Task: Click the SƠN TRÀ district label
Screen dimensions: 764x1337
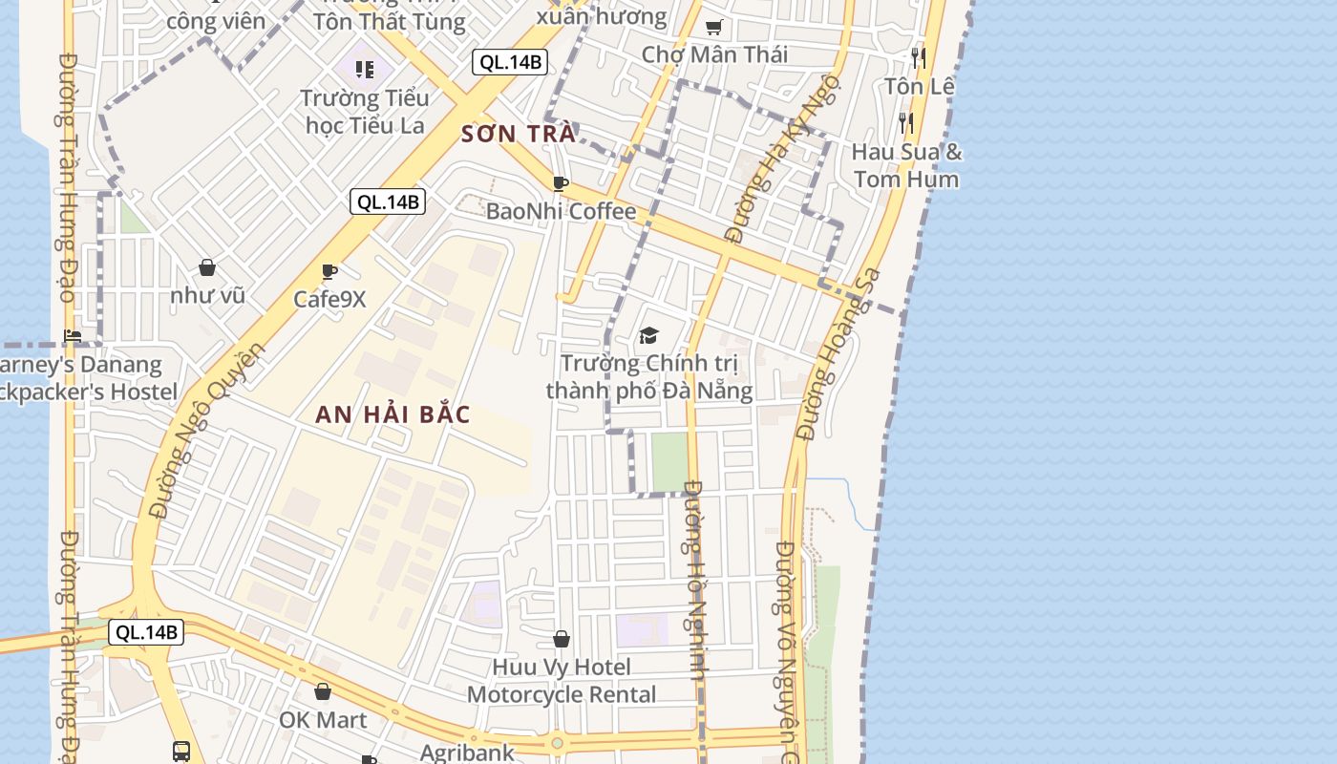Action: click(519, 134)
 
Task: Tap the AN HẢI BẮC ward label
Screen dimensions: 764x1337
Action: click(393, 414)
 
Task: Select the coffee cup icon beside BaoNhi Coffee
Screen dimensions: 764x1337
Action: click(561, 183)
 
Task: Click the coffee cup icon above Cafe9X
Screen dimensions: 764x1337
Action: click(329, 272)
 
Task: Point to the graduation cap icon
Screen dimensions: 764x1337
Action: click(649, 335)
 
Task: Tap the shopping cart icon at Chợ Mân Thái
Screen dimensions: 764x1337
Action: click(713, 28)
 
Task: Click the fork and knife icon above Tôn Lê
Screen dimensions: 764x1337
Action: click(918, 57)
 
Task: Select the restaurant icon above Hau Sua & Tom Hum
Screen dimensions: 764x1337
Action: click(905, 122)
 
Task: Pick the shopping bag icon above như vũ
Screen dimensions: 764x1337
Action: click(207, 268)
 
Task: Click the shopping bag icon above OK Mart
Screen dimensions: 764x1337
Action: click(323, 691)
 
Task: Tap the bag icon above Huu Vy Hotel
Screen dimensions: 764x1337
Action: click(562, 639)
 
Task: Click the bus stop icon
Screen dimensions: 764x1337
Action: click(181, 751)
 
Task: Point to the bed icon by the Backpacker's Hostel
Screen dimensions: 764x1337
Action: click(73, 335)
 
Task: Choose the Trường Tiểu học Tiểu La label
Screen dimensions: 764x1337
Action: click(364, 111)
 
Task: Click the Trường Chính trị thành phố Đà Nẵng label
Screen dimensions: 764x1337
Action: click(649, 376)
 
